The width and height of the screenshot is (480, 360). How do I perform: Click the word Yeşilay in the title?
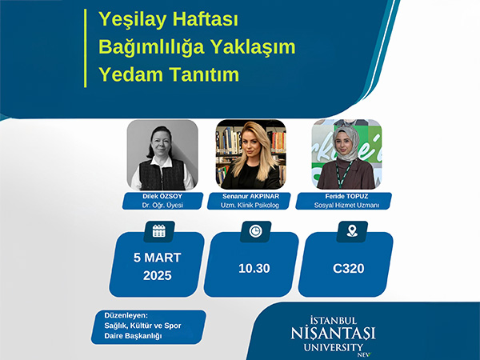(133, 20)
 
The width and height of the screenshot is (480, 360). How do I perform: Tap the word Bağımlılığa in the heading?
(151, 47)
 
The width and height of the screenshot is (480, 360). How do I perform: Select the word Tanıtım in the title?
(203, 74)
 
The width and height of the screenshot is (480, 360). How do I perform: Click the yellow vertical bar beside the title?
(86, 48)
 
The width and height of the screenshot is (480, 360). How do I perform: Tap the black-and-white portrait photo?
(162, 154)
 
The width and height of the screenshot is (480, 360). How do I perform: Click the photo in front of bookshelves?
(250, 154)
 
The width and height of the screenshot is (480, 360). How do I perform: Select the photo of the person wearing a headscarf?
(346, 154)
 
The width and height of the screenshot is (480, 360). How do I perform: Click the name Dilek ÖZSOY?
(162, 196)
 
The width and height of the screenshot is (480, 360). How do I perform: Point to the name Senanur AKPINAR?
(250, 196)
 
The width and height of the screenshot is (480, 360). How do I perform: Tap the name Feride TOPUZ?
(346, 196)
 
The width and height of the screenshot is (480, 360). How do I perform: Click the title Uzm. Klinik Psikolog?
(250, 205)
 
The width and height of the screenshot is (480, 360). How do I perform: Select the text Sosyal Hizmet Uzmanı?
(346, 205)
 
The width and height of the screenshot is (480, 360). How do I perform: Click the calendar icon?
(159, 231)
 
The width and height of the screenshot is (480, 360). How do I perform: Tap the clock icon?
(255, 231)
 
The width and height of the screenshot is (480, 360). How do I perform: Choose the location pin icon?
(352, 231)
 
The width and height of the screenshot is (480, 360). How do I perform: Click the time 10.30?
(254, 269)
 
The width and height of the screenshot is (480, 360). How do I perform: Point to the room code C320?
(348, 269)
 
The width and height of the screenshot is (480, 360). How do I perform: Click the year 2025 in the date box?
(158, 275)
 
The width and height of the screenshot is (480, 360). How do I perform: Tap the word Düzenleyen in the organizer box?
(126, 315)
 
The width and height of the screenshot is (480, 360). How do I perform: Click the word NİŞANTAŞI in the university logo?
(333, 333)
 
